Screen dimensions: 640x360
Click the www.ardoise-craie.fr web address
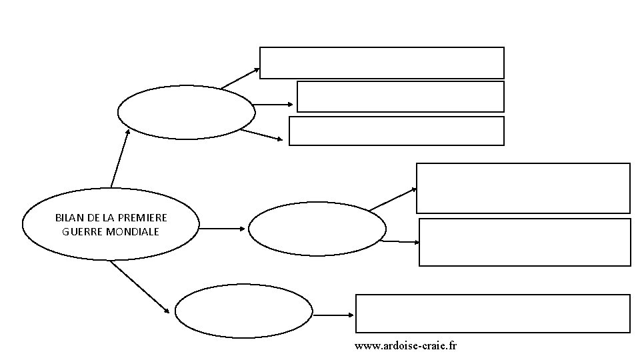point(406,345)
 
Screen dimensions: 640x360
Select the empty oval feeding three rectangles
point(186,112)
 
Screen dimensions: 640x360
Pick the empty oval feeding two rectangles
point(317,229)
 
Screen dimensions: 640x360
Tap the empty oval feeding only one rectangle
point(243,311)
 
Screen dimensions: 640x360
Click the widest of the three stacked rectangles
point(381,63)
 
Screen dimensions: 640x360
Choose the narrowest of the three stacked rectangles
point(400,97)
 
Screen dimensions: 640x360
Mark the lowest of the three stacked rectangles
point(396,131)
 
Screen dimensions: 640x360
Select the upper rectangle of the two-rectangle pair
point(523,188)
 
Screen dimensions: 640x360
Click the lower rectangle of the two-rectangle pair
point(524,242)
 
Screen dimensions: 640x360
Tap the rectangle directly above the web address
point(493,313)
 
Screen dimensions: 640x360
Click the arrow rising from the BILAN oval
point(119,158)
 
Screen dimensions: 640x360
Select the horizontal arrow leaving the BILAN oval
point(222,229)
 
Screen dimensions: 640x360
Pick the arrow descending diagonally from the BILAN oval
point(139,287)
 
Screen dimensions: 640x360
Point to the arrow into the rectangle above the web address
point(333,315)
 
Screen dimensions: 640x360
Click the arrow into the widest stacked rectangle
point(240,78)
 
